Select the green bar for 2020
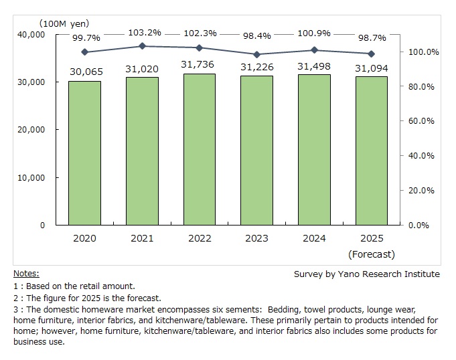pos(84,153)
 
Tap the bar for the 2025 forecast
pos(372,151)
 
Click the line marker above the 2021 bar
pos(142,46)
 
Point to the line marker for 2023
pos(256,54)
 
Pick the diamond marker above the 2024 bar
pos(314,50)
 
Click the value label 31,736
pos(200,64)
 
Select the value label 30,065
pos(84,72)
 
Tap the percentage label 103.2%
pos(142,31)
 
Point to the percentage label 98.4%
pos(256,31)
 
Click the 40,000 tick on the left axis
pos(30,34)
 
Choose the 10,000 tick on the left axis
pos(30,177)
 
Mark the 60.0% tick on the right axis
pos(422,121)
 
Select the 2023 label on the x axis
pos(256,239)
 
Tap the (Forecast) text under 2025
pos(372,254)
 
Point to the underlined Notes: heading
pos(26,274)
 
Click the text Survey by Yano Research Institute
pos(367,274)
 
